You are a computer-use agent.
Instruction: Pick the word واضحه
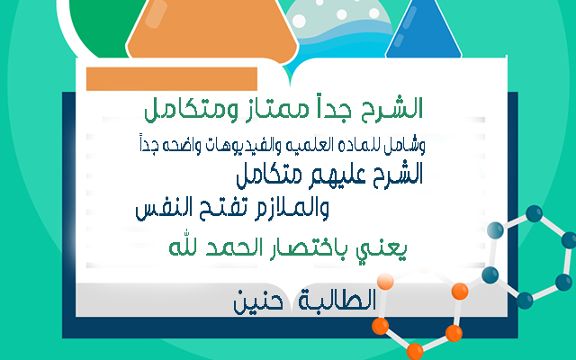pos(177,146)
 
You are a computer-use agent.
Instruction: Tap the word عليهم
pos(338,175)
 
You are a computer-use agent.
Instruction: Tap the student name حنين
pos(258,302)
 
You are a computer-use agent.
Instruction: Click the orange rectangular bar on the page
pos(172,78)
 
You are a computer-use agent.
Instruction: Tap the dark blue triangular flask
pos(423,30)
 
